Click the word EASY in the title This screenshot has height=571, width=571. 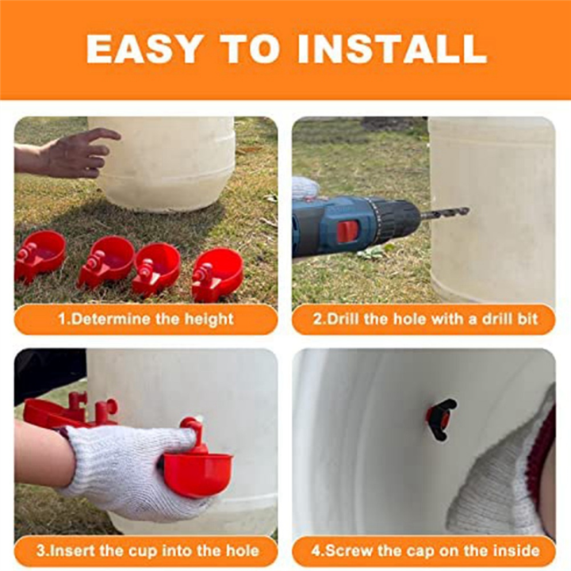(x=143, y=49)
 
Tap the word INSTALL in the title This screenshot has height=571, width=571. (x=393, y=49)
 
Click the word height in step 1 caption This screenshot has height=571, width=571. (x=209, y=320)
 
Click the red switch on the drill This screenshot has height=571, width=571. (x=348, y=232)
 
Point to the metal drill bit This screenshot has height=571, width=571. (x=445, y=213)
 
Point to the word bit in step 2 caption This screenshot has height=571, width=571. (x=527, y=319)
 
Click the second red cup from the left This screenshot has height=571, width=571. (x=106, y=261)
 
